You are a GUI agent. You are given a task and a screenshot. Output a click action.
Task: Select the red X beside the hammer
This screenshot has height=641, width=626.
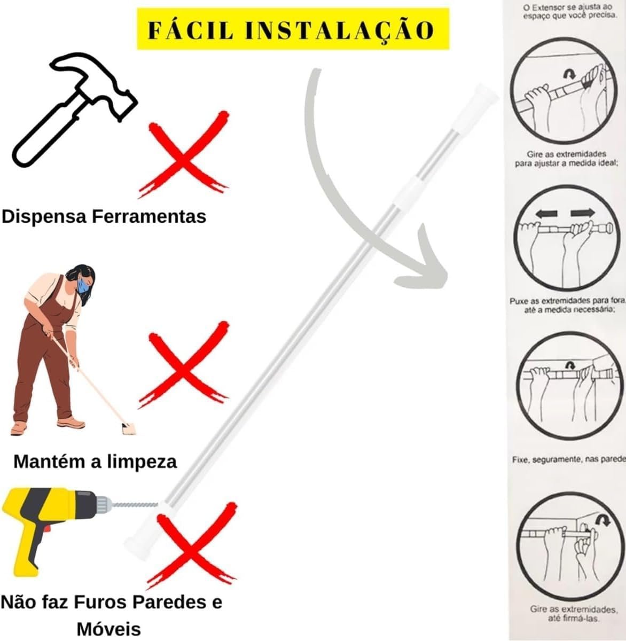(x=184, y=154)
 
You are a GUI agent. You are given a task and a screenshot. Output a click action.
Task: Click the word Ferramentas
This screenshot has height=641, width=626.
(x=148, y=217)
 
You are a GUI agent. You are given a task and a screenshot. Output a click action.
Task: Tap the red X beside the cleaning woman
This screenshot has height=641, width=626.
(x=184, y=365)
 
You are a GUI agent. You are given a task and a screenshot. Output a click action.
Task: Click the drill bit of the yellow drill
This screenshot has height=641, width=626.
(x=135, y=505)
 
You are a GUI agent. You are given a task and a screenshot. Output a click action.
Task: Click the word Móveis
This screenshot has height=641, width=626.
(x=108, y=629)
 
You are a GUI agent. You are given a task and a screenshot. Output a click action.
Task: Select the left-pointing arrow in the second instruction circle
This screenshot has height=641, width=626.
(x=546, y=214)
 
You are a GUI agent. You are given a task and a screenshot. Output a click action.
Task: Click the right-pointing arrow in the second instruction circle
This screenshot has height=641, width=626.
(x=583, y=213)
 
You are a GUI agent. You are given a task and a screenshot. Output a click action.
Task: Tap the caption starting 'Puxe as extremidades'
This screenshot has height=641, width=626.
(x=567, y=306)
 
